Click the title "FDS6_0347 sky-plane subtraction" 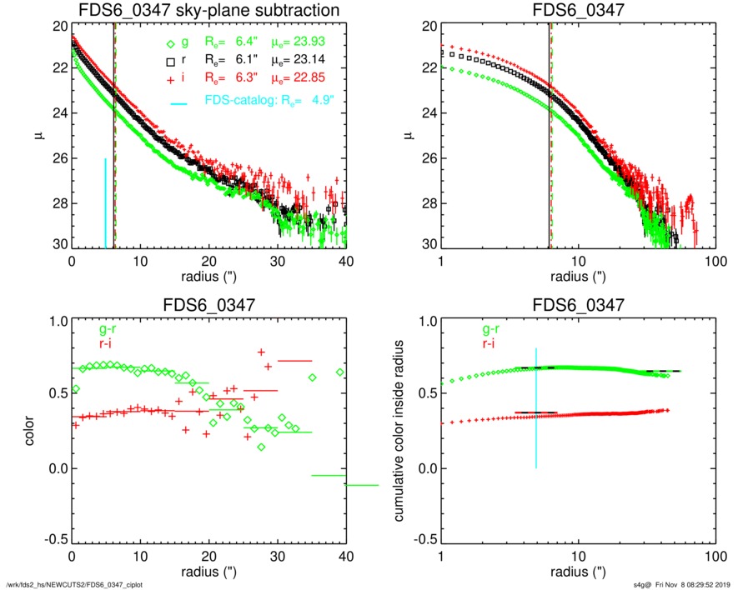click(208, 11)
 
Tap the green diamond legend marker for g click(170, 43)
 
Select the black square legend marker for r click(170, 61)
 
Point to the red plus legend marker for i click(170, 78)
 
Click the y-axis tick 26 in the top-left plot click(58, 158)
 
